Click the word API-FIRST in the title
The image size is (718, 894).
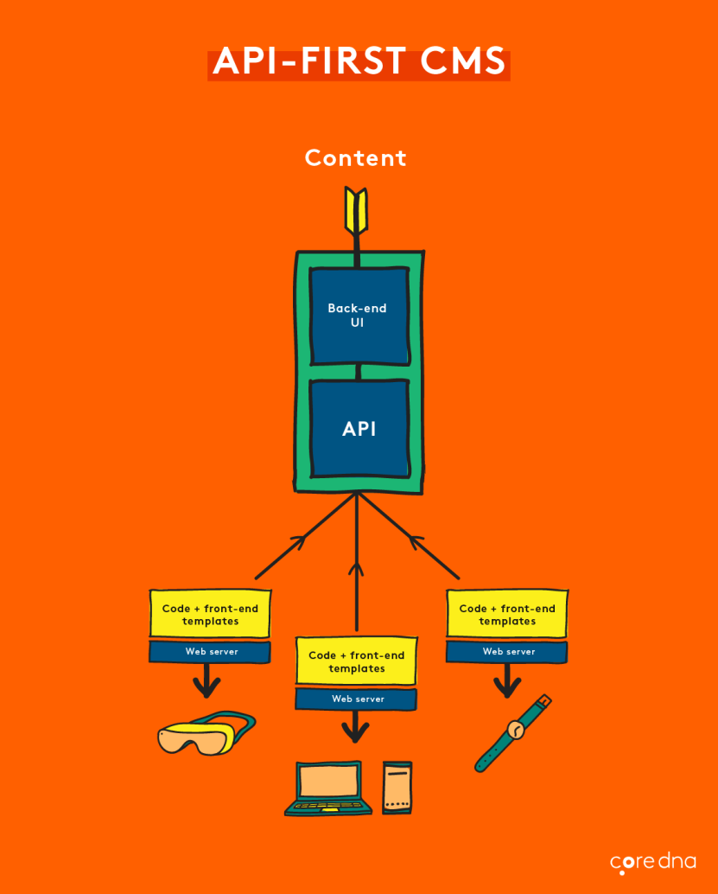pyautogui.click(x=309, y=61)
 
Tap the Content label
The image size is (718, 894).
pyautogui.click(x=355, y=158)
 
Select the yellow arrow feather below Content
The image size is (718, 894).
pyautogui.click(x=355, y=210)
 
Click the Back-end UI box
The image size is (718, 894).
pyautogui.click(x=358, y=316)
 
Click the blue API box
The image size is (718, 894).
pyautogui.click(x=358, y=429)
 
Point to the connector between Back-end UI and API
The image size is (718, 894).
pyautogui.click(x=358, y=372)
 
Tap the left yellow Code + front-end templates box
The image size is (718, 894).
pyautogui.click(x=210, y=615)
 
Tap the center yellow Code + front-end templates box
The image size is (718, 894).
pyautogui.click(x=356, y=662)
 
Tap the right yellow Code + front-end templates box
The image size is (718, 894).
pyautogui.click(x=507, y=615)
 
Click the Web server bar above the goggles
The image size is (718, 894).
pyautogui.click(x=210, y=652)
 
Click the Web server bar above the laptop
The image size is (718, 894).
pyautogui.click(x=356, y=699)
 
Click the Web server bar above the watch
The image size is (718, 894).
pyautogui.click(x=507, y=652)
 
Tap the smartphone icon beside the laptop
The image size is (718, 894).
pyautogui.click(x=397, y=788)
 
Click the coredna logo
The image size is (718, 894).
pyautogui.click(x=652, y=862)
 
